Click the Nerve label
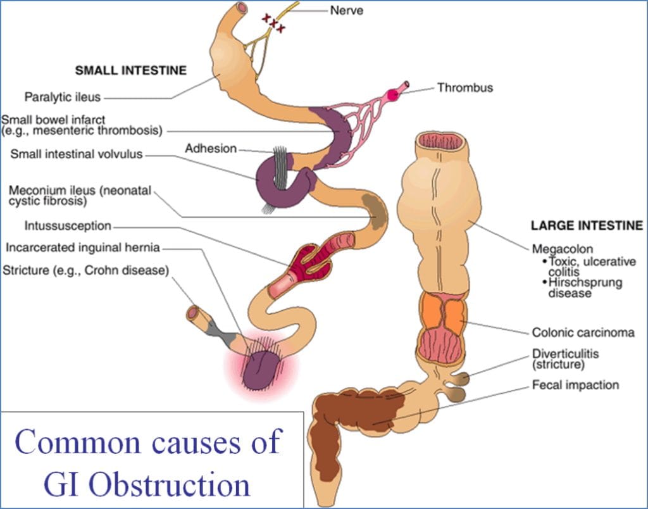[x=346, y=10]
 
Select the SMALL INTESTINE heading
[x=130, y=70]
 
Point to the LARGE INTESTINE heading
[x=587, y=225]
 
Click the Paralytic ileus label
[x=63, y=97]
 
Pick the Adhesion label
[x=211, y=149]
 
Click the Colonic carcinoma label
[x=583, y=332]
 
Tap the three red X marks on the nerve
[x=273, y=24]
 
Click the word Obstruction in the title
[x=169, y=484]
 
